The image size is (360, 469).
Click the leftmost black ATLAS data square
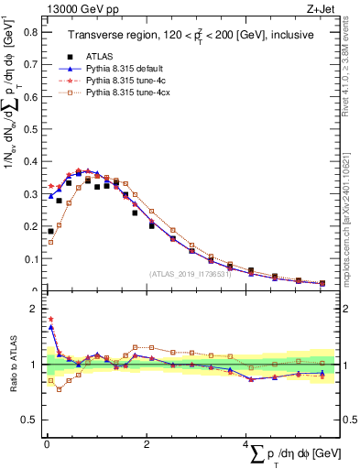click(50, 231)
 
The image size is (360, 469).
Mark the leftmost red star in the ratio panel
click(50, 320)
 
